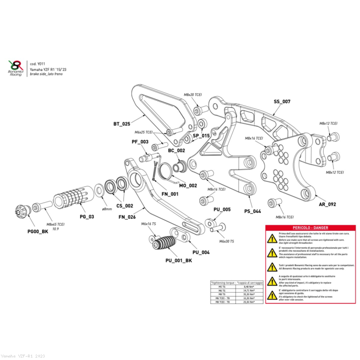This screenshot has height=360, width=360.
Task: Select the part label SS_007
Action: (x=282, y=102)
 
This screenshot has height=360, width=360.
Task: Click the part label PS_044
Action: (x=252, y=211)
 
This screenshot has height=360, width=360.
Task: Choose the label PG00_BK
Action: (x=38, y=231)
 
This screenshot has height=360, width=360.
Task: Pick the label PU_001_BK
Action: (x=179, y=261)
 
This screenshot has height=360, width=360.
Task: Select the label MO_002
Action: (x=188, y=185)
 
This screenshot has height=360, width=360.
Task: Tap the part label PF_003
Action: (x=140, y=142)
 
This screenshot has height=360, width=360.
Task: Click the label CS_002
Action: (x=124, y=206)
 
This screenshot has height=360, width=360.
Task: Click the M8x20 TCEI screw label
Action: (x=193, y=94)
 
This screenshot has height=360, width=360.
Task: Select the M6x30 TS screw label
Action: (x=226, y=241)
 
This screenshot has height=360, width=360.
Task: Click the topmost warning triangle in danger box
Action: (x=272, y=239)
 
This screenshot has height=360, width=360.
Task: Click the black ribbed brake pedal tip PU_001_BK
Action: (x=163, y=244)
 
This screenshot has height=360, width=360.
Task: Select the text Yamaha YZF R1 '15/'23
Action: (x=49, y=70)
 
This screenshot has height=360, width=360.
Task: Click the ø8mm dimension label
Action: (x=107, y=209)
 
